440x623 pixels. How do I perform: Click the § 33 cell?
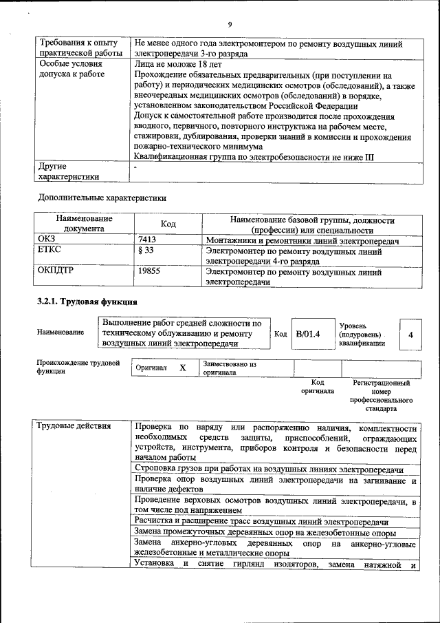(x=145, y=251)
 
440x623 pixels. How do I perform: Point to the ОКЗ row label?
(x=47, y=239)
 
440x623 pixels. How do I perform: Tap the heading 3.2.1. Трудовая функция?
(x=87, y=302)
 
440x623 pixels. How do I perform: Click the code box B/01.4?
(x=308, y=335)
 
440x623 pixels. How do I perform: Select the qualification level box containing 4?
(x=410, y=335)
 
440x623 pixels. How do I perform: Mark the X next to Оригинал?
(x=183, y=368)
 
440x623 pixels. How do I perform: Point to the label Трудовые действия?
(x=74, y=426)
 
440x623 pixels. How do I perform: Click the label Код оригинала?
(x=317, y=386)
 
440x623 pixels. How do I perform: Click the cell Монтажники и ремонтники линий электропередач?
(x=302, y=239)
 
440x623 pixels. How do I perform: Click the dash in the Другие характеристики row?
(x=136, y=167)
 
